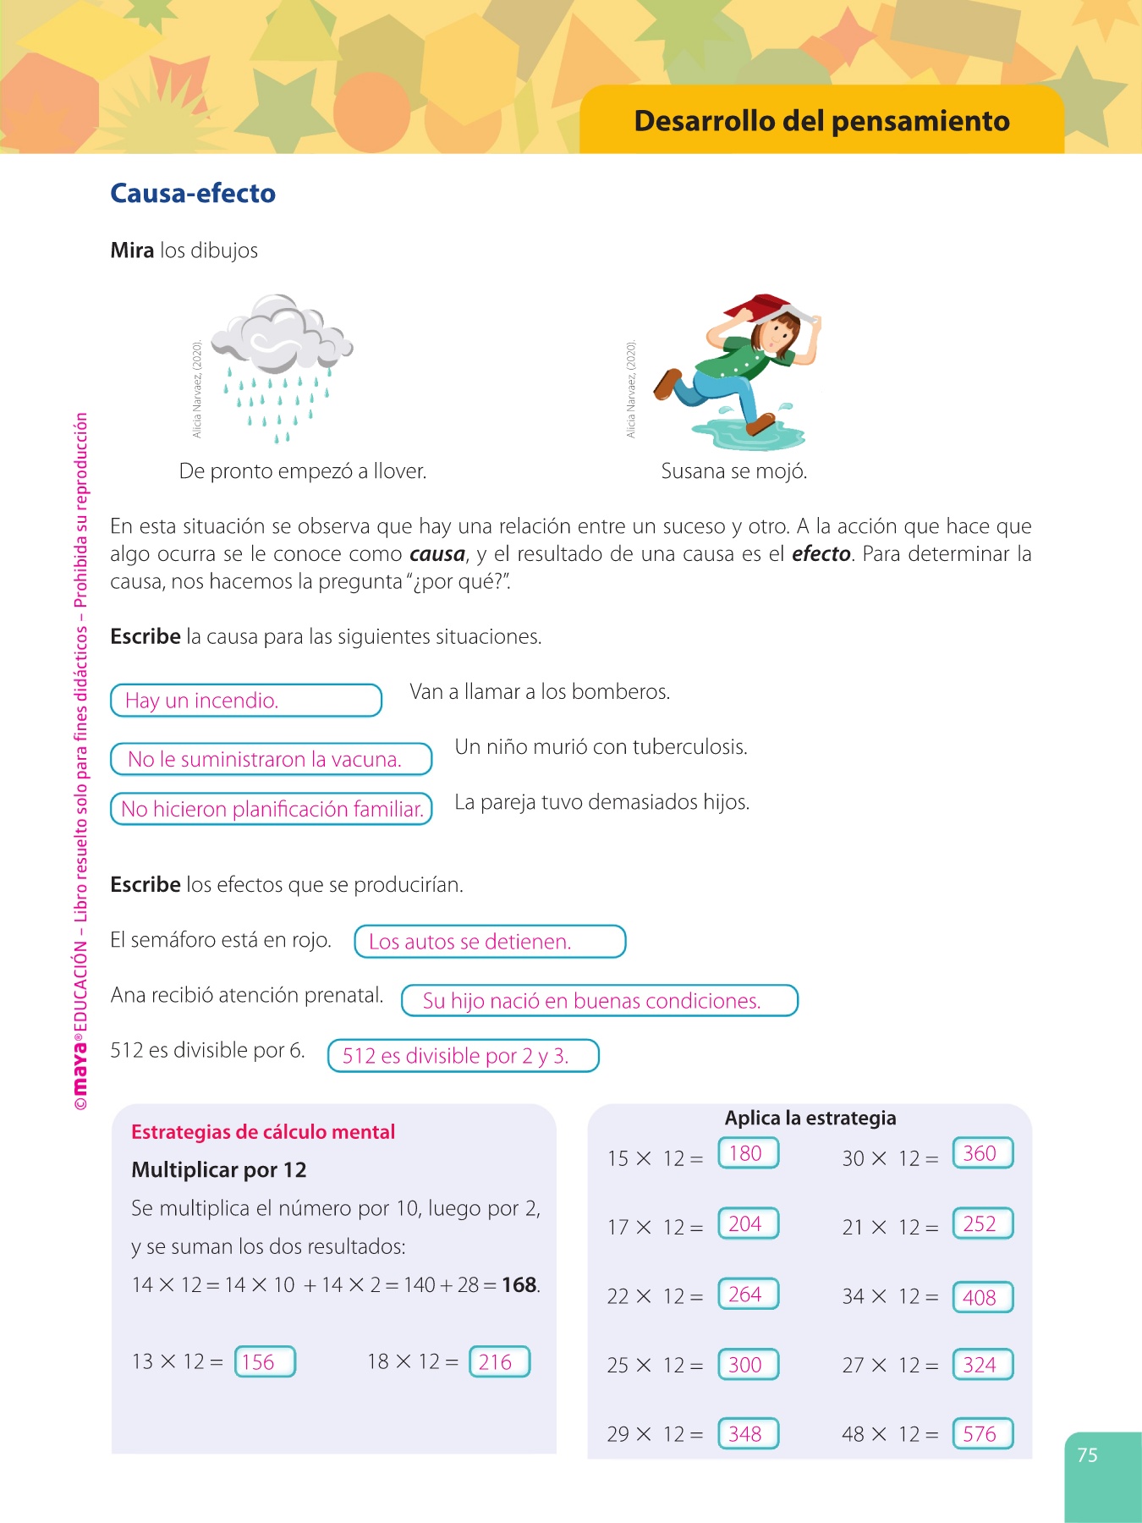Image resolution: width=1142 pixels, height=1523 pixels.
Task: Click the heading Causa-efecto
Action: pos(193,194)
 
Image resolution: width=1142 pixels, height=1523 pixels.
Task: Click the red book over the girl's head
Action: pos(766,306)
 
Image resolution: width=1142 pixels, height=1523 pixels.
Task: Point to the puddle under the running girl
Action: pos(744,434)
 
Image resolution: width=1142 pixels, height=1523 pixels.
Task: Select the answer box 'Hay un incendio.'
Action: pos(245,701)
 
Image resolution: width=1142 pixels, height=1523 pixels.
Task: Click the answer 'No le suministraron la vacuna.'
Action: pos(271,759)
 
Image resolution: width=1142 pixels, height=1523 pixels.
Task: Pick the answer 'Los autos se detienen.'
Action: pos(489,942)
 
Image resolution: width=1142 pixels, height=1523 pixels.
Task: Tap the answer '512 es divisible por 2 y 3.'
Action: pos(463,1056)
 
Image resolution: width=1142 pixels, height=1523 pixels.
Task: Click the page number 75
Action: pos(1087,1455)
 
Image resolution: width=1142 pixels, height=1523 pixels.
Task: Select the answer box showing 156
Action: pos(264,1361)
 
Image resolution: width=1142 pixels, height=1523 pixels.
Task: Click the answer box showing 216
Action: pos(499,1361)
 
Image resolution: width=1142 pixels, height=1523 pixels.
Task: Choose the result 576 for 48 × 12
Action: pos(982,1433)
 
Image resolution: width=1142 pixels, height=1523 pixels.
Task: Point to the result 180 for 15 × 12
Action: pos(747,1153)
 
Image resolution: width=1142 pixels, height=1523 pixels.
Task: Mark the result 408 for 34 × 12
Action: pos(982,1297)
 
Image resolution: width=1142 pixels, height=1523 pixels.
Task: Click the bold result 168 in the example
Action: pos(519,1285)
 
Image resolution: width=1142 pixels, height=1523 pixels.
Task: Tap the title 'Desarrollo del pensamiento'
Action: pos(821,121)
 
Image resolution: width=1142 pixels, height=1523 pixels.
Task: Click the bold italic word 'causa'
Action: pos(437,554)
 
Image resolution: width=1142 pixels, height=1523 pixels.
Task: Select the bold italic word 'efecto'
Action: pos(821,554)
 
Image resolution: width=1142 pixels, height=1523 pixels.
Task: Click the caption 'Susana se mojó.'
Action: pos(733,471)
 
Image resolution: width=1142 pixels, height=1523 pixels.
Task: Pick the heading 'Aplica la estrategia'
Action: pos(810,1118)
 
